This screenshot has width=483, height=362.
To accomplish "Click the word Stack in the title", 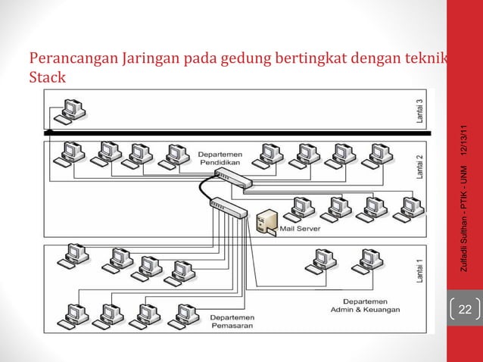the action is pos(46,77).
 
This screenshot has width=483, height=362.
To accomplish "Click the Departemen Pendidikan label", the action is pos(222,157).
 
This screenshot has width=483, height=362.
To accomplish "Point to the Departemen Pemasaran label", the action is pos(233,322).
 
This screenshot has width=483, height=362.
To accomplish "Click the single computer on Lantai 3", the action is pos(72,111).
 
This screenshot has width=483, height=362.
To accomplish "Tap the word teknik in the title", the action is pos(427,61).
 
